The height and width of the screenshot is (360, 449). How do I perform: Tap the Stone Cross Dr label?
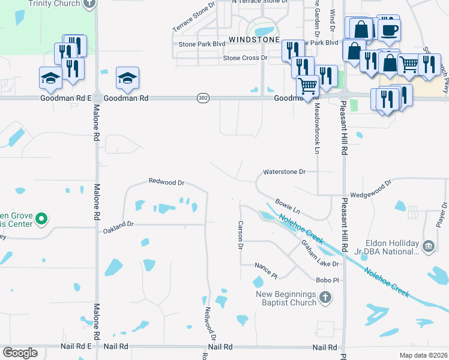[x=245, y=58]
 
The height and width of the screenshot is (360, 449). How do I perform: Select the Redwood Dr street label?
[x=166, y=181]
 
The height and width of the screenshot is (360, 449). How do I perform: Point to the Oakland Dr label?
[x=117, y=230]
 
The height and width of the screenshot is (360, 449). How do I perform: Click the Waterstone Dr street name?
[x=285, y=172]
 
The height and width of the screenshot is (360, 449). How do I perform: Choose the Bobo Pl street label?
[x=328, y=280]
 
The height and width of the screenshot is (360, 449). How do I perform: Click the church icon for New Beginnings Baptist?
[x=325, y=297]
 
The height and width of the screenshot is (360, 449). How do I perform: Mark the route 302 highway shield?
[x=202, y=97]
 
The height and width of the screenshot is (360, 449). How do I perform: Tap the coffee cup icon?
[x=389, y=28]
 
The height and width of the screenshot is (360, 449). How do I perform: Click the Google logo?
[x=20, y=353]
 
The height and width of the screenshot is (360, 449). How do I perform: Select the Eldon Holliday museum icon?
[x=429, y=246]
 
